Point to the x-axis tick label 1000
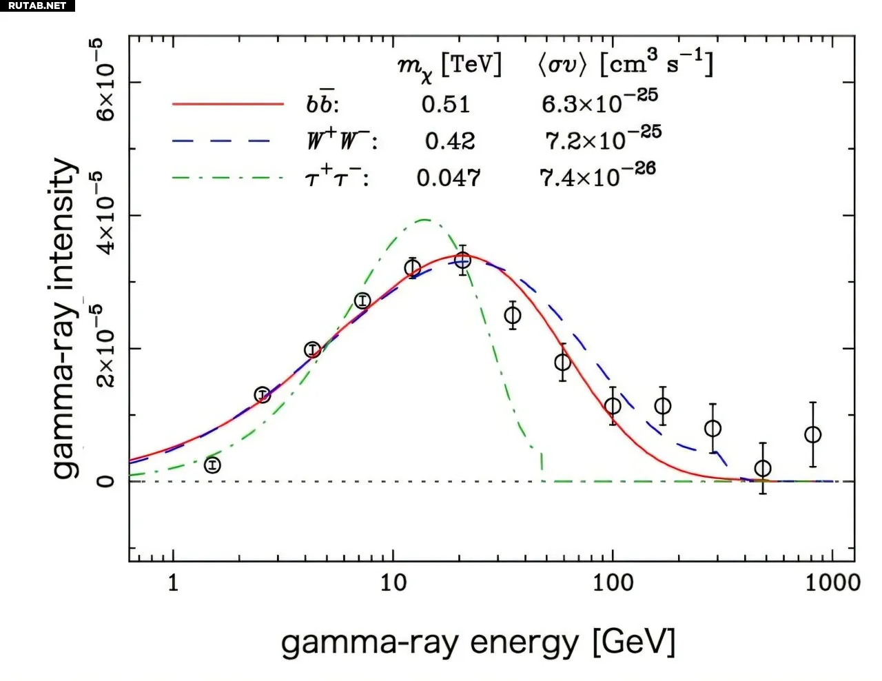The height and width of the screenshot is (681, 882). (832, 583)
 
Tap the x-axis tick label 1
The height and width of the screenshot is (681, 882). (172, 583)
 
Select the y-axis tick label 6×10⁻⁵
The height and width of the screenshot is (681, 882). (105, 81)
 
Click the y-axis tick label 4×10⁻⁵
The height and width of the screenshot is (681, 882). (105, 213)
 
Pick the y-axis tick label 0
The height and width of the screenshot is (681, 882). (105, 480)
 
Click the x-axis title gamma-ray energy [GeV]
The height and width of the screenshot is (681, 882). (478, 642)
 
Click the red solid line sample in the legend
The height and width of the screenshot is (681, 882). (227, 104)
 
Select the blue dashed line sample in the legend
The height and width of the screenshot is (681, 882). (227, 141)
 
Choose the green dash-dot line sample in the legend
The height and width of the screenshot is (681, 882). (227, 178)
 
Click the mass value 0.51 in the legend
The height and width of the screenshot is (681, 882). (446, 105)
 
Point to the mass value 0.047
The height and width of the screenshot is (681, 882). (448, 178)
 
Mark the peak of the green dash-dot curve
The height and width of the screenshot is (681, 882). (424, 220)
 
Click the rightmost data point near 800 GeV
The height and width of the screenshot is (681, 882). (812, 434)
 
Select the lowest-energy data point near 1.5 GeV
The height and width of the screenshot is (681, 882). (212, 465)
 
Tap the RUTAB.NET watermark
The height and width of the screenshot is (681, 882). (37, 6)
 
